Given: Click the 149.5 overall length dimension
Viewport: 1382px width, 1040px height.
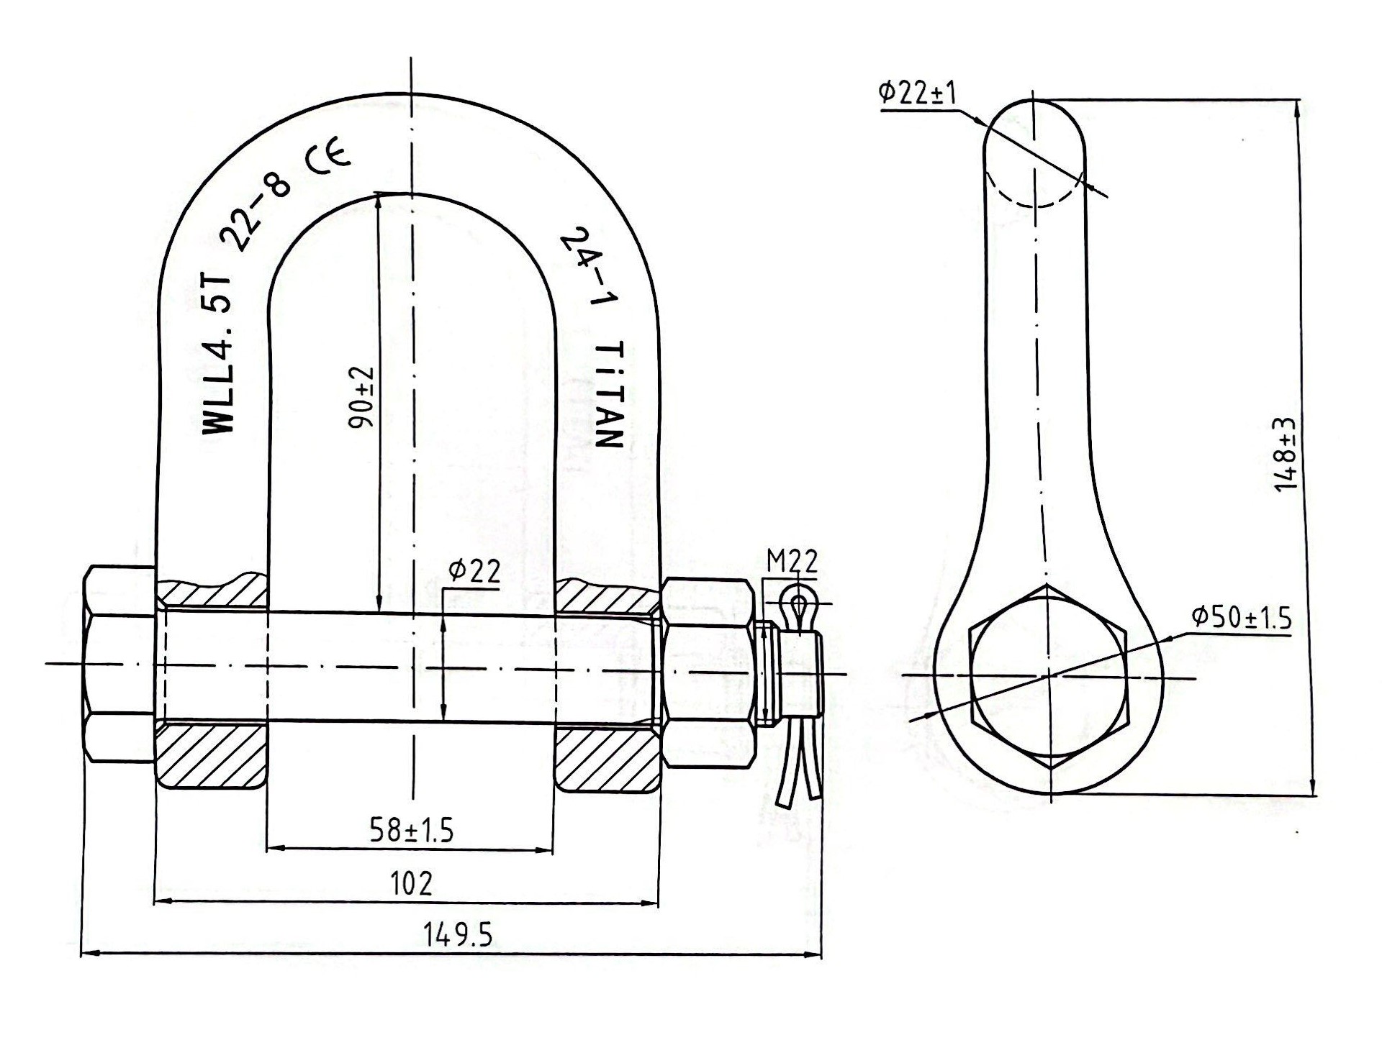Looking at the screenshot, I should (457, 936).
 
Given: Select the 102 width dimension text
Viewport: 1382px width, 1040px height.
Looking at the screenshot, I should (411, 882).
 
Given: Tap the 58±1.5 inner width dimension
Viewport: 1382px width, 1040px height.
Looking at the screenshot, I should (412, 830).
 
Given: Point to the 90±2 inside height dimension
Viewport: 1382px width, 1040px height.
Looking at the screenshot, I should (362, 398).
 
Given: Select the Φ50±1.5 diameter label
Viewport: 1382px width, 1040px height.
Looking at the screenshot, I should (1241, 618).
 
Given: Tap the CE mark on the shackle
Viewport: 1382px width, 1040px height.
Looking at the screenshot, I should (328, 159).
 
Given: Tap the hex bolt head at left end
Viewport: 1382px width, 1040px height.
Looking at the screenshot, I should (119, 663).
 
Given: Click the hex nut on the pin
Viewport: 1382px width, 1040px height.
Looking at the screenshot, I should (709, 672).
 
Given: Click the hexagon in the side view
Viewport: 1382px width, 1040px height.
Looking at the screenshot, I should (1049, 677).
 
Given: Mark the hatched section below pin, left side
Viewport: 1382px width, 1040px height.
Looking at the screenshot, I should (211, 757).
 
